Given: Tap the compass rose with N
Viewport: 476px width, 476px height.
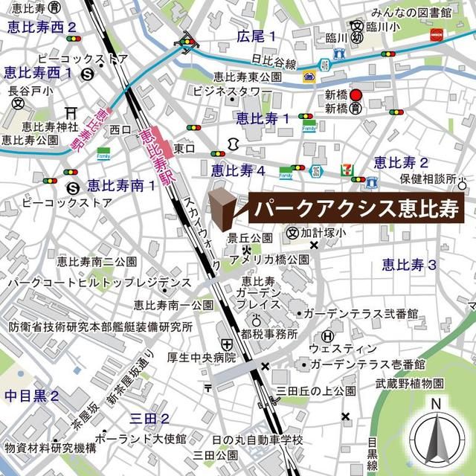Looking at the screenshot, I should point(437,439).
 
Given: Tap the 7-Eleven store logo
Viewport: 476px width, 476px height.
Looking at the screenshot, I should point(346,170).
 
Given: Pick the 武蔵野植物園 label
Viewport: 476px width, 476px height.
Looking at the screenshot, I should point(410,383).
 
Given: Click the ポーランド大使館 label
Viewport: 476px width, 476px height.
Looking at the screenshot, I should point(138,437).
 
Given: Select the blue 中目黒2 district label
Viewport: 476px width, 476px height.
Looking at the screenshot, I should point(31,396).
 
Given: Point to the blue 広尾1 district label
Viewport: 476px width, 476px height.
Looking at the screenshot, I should point(256,36).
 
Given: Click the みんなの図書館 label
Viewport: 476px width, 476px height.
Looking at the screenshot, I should point(412,12).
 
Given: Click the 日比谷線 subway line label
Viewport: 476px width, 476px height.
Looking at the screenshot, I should point(274,61).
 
